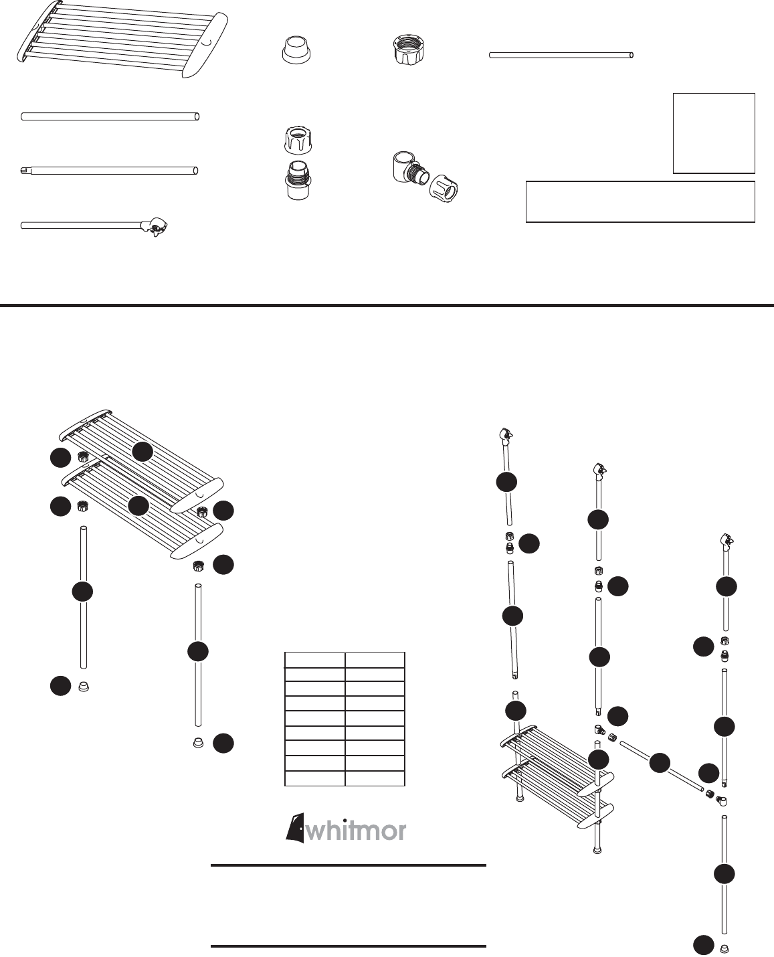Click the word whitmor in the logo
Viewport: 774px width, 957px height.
coord(356,831)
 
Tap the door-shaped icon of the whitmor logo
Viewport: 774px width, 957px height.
coord(295,827)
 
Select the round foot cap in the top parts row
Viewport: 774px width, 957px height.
coord(296,50)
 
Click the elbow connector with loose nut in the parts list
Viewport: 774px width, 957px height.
coord(425,177)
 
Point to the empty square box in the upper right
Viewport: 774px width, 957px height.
coord(714,133)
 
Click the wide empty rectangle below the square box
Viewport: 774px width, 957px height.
coord(640,201)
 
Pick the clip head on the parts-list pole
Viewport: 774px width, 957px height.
coord(154,227)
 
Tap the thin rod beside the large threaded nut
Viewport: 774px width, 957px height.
coord(561,56)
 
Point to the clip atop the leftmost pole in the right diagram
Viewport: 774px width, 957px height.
coord(506,435)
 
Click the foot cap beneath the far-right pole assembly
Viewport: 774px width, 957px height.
coord(724,949)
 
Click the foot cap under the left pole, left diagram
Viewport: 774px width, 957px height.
coord(84,686)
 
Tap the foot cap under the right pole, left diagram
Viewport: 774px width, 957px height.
coord(197,742)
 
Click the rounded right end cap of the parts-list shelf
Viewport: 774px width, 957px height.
coord(205,45)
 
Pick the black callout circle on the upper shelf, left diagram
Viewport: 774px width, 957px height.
coord(142,451)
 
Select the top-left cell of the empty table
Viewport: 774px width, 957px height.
coord(314,660)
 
